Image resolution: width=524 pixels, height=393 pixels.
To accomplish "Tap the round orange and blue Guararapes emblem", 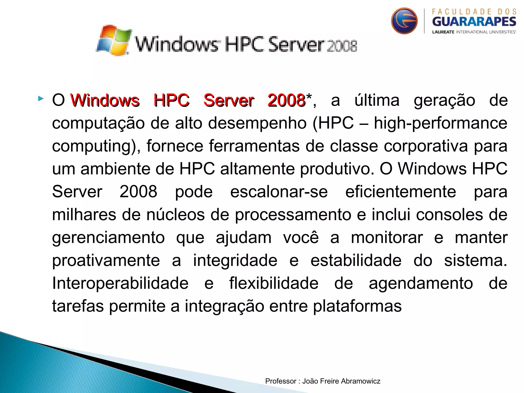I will coord(404,21).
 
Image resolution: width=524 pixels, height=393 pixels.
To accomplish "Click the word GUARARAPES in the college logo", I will coord(474,22).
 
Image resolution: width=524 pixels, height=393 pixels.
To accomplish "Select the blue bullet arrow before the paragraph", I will coord(40,99).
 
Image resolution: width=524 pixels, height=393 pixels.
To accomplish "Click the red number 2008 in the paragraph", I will coord(286,100).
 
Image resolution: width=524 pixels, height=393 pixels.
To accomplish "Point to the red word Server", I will coord(229,100).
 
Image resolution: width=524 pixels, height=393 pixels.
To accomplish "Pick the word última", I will coord(377,100).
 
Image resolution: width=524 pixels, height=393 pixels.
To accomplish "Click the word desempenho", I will coord(257,123).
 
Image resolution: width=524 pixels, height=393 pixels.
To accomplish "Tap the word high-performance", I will coord(440,123).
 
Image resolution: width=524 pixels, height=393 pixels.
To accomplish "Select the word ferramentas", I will coord(254,146).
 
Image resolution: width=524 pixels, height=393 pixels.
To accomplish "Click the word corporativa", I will coord(425,146).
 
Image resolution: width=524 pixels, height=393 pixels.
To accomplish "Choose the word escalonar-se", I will coord(279,192).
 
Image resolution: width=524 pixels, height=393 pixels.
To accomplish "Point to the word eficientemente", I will coord(400,192).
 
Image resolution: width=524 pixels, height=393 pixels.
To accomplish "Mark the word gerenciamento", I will coord(108,237).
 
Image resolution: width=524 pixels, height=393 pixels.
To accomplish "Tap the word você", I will coord(301,237).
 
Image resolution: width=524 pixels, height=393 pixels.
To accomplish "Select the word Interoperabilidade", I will coord(120,283).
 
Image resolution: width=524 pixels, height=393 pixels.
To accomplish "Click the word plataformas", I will coord(357,306).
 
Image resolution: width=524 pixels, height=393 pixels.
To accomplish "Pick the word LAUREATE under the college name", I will coord(443,32).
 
